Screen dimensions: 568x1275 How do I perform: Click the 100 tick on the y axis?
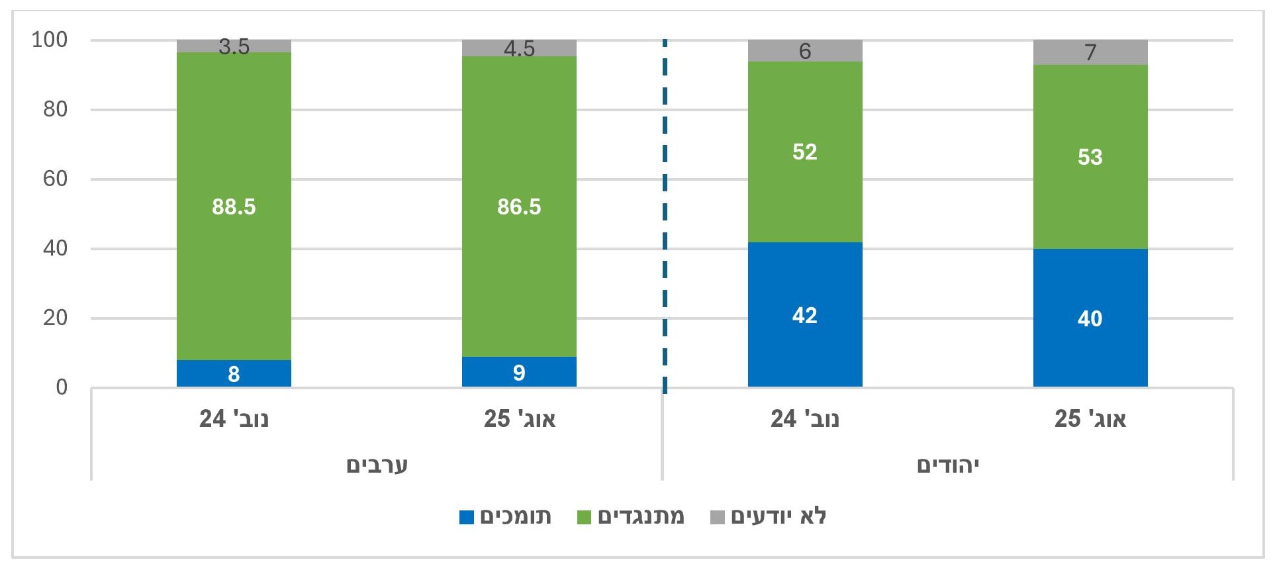[x=50, y=40]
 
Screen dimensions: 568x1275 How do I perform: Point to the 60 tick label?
[x=56, y=179]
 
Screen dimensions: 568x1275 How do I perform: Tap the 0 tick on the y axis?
[x=62, y=387]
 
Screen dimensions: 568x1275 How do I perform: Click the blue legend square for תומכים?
[x=467, y=517]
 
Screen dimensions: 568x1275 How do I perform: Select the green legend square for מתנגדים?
[x=584, y=517]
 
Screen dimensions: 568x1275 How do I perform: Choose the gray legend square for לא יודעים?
[x=717, y=517]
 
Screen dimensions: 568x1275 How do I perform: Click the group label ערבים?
[x=377, y=465]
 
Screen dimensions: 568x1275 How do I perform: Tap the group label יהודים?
[x=947, y=465]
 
